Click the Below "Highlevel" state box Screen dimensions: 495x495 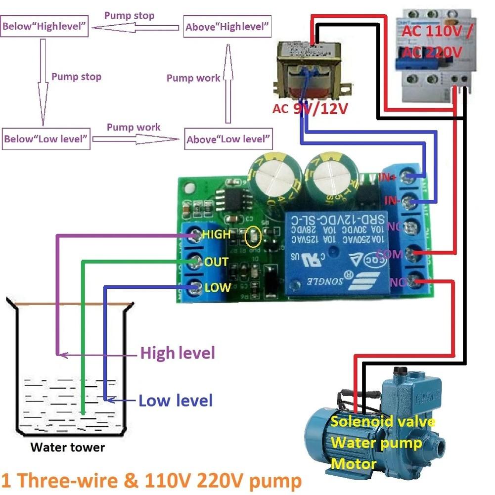(x=45, y=27)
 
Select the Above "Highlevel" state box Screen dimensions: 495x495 (x=228, y=27)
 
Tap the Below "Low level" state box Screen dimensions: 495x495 (x=46, y=139)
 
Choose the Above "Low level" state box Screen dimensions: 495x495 (x=228, y=139)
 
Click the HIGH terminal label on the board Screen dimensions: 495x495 (x=216, y=234)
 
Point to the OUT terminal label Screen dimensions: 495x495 (x=216, y=261)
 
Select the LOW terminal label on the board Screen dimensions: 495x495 (x=217, y=287)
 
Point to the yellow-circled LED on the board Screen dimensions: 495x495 (x=252, y=238)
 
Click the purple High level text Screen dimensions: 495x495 (x=178, y=353)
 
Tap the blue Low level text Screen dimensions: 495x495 (x=176, y=400)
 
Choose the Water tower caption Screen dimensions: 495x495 (x=68, y=448)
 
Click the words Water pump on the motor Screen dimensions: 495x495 (x=376, y=443)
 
